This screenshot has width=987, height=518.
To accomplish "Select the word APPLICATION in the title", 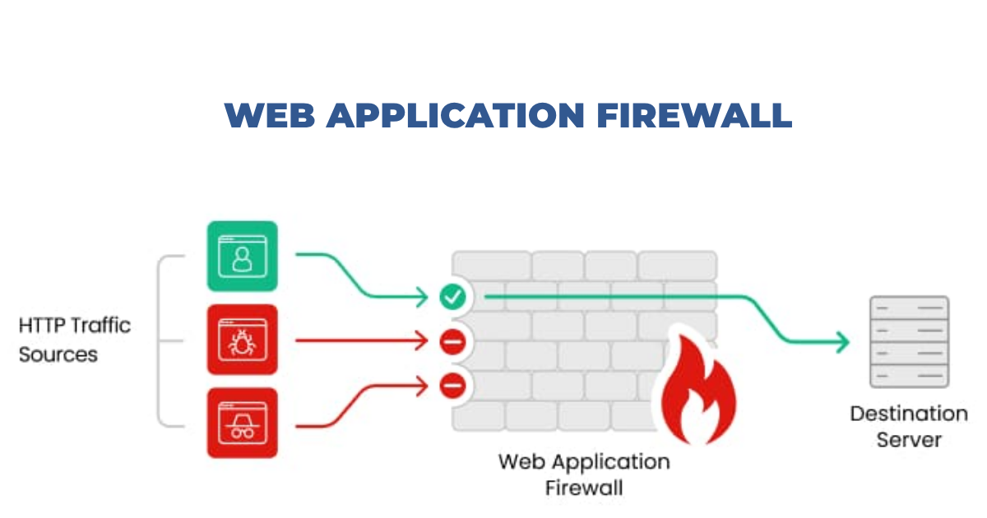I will (x=450, y=115).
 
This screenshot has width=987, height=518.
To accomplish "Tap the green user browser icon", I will (x=243, y=256).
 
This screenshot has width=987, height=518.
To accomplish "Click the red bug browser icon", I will (x=243, y=339).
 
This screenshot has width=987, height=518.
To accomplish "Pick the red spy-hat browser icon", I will (x=243, y=423).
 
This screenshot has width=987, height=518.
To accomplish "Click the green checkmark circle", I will (x=452, y=296).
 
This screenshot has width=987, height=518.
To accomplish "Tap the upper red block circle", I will (x=452, y=340).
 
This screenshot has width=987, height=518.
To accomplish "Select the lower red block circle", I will (x=452, y=384).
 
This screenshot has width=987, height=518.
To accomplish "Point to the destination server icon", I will (x=909, y=341).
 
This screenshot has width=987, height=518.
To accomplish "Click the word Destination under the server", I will (x=909, y=414).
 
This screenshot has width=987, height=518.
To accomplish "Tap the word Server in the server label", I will (x=909, y=440).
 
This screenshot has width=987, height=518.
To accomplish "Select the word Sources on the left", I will (x=58, y=355).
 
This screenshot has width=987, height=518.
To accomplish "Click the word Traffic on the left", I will (x=101, y=325).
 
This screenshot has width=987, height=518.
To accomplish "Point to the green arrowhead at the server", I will (x=841, y=341).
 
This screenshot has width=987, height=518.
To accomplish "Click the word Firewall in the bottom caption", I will (x=584, y=487).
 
